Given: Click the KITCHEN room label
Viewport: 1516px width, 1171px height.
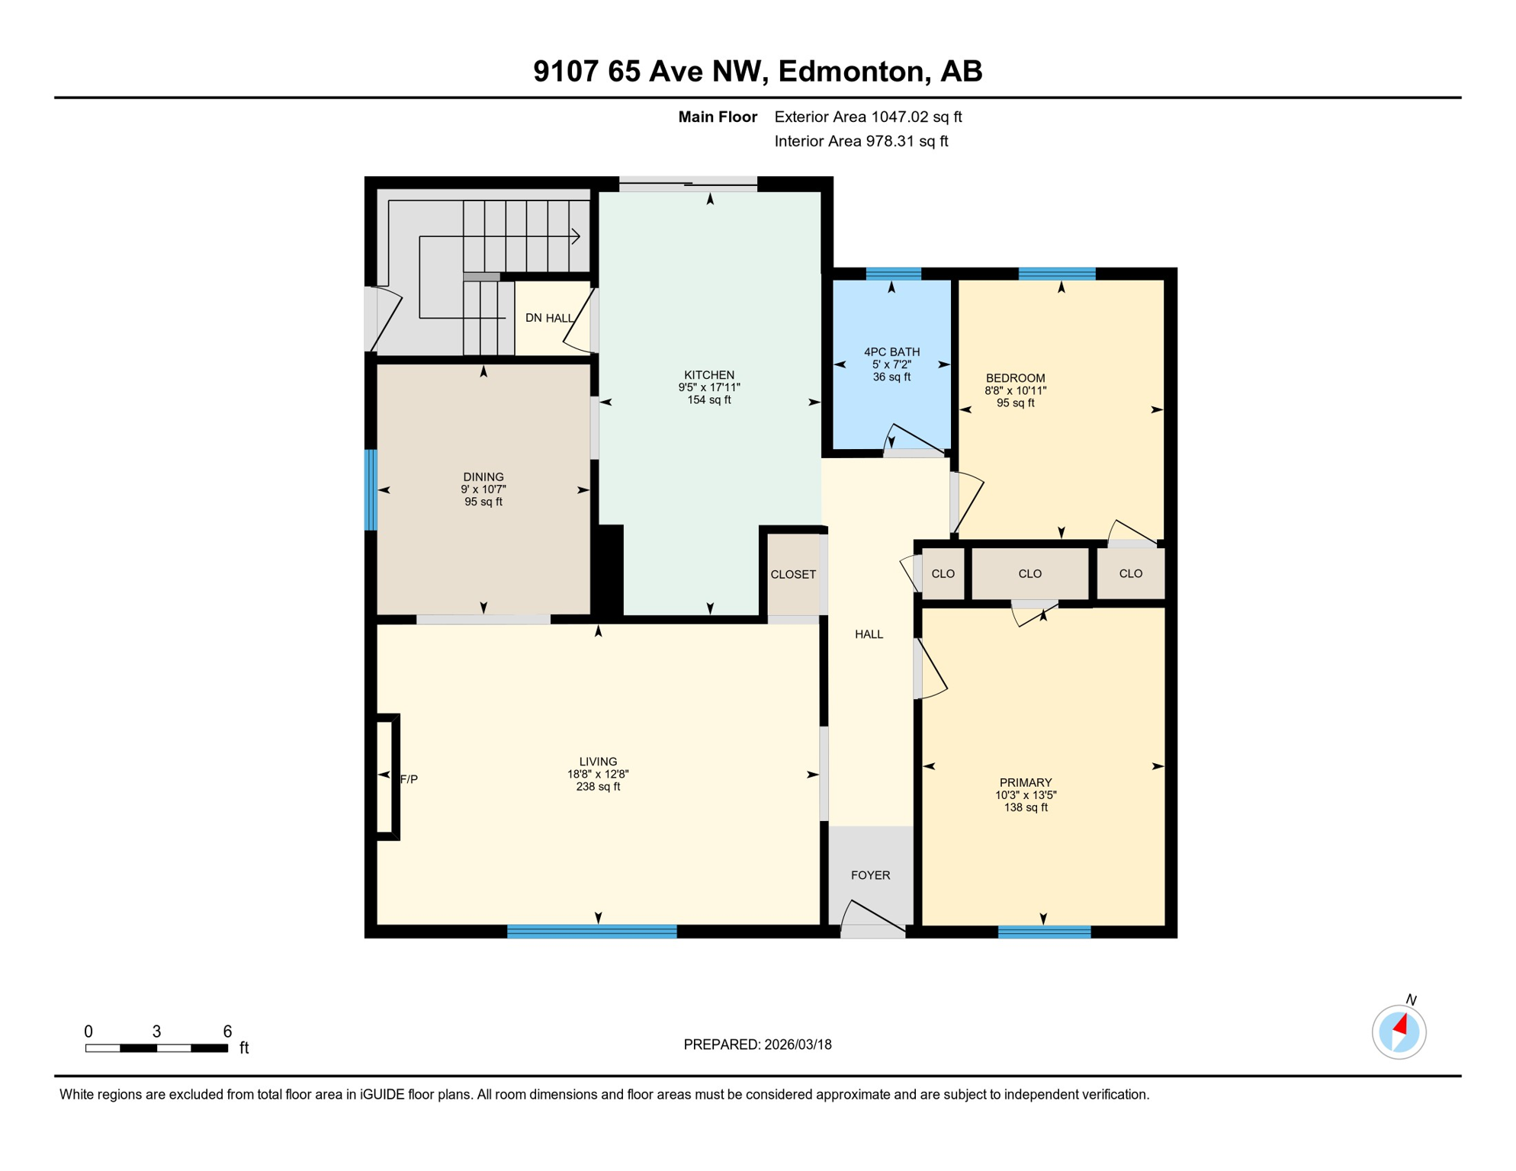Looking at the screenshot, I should click(x=709, y=375).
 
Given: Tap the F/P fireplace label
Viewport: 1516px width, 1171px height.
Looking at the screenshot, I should click(x=409, y=779).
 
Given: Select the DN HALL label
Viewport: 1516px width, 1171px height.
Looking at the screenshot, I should click(x=549, y=318).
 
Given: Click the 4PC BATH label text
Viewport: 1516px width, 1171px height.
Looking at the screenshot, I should click(x=891, y=352).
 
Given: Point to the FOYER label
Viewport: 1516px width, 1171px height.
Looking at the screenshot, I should click(x=870, y=875).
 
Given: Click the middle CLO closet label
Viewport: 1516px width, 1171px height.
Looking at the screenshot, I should click(x=1029, y=573).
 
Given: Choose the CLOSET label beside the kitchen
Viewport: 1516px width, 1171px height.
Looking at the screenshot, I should click(x=793, y=574).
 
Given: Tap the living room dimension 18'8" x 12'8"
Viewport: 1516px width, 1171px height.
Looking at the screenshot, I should click(x=598, y=774).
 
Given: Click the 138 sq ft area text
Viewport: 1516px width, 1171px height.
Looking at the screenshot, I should click(x=1026, y=807).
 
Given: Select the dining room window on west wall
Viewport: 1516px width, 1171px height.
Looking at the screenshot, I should click(x=371, y=489).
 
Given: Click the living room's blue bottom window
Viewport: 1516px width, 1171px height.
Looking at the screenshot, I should click(x=592, y=931).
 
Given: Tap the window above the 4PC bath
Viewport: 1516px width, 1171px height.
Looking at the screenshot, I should click(x=894, y=274).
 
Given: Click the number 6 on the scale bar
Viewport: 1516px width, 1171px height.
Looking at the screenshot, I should click(x=227, y=1031).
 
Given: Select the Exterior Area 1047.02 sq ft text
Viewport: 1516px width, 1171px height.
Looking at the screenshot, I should click(x=868, y=117).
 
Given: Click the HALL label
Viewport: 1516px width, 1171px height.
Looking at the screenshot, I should click(x=869, y=634).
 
